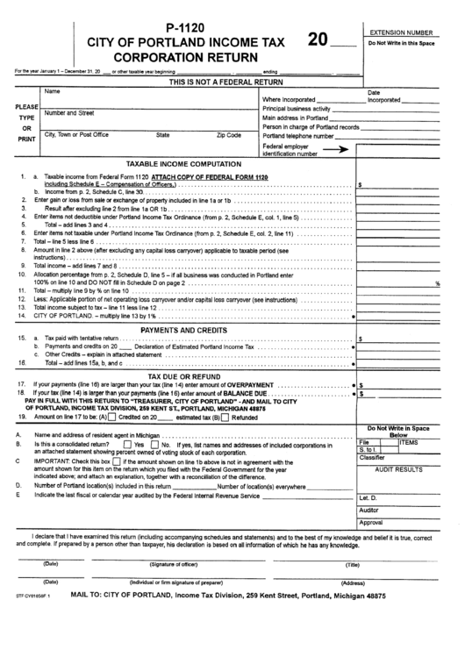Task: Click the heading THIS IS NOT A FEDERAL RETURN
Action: tap(224, 81)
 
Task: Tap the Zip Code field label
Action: tap(228, 135)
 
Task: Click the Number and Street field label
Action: tap(69, 113)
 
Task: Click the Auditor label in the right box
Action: tap(369, 510)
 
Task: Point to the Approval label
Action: tap(371, 523)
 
